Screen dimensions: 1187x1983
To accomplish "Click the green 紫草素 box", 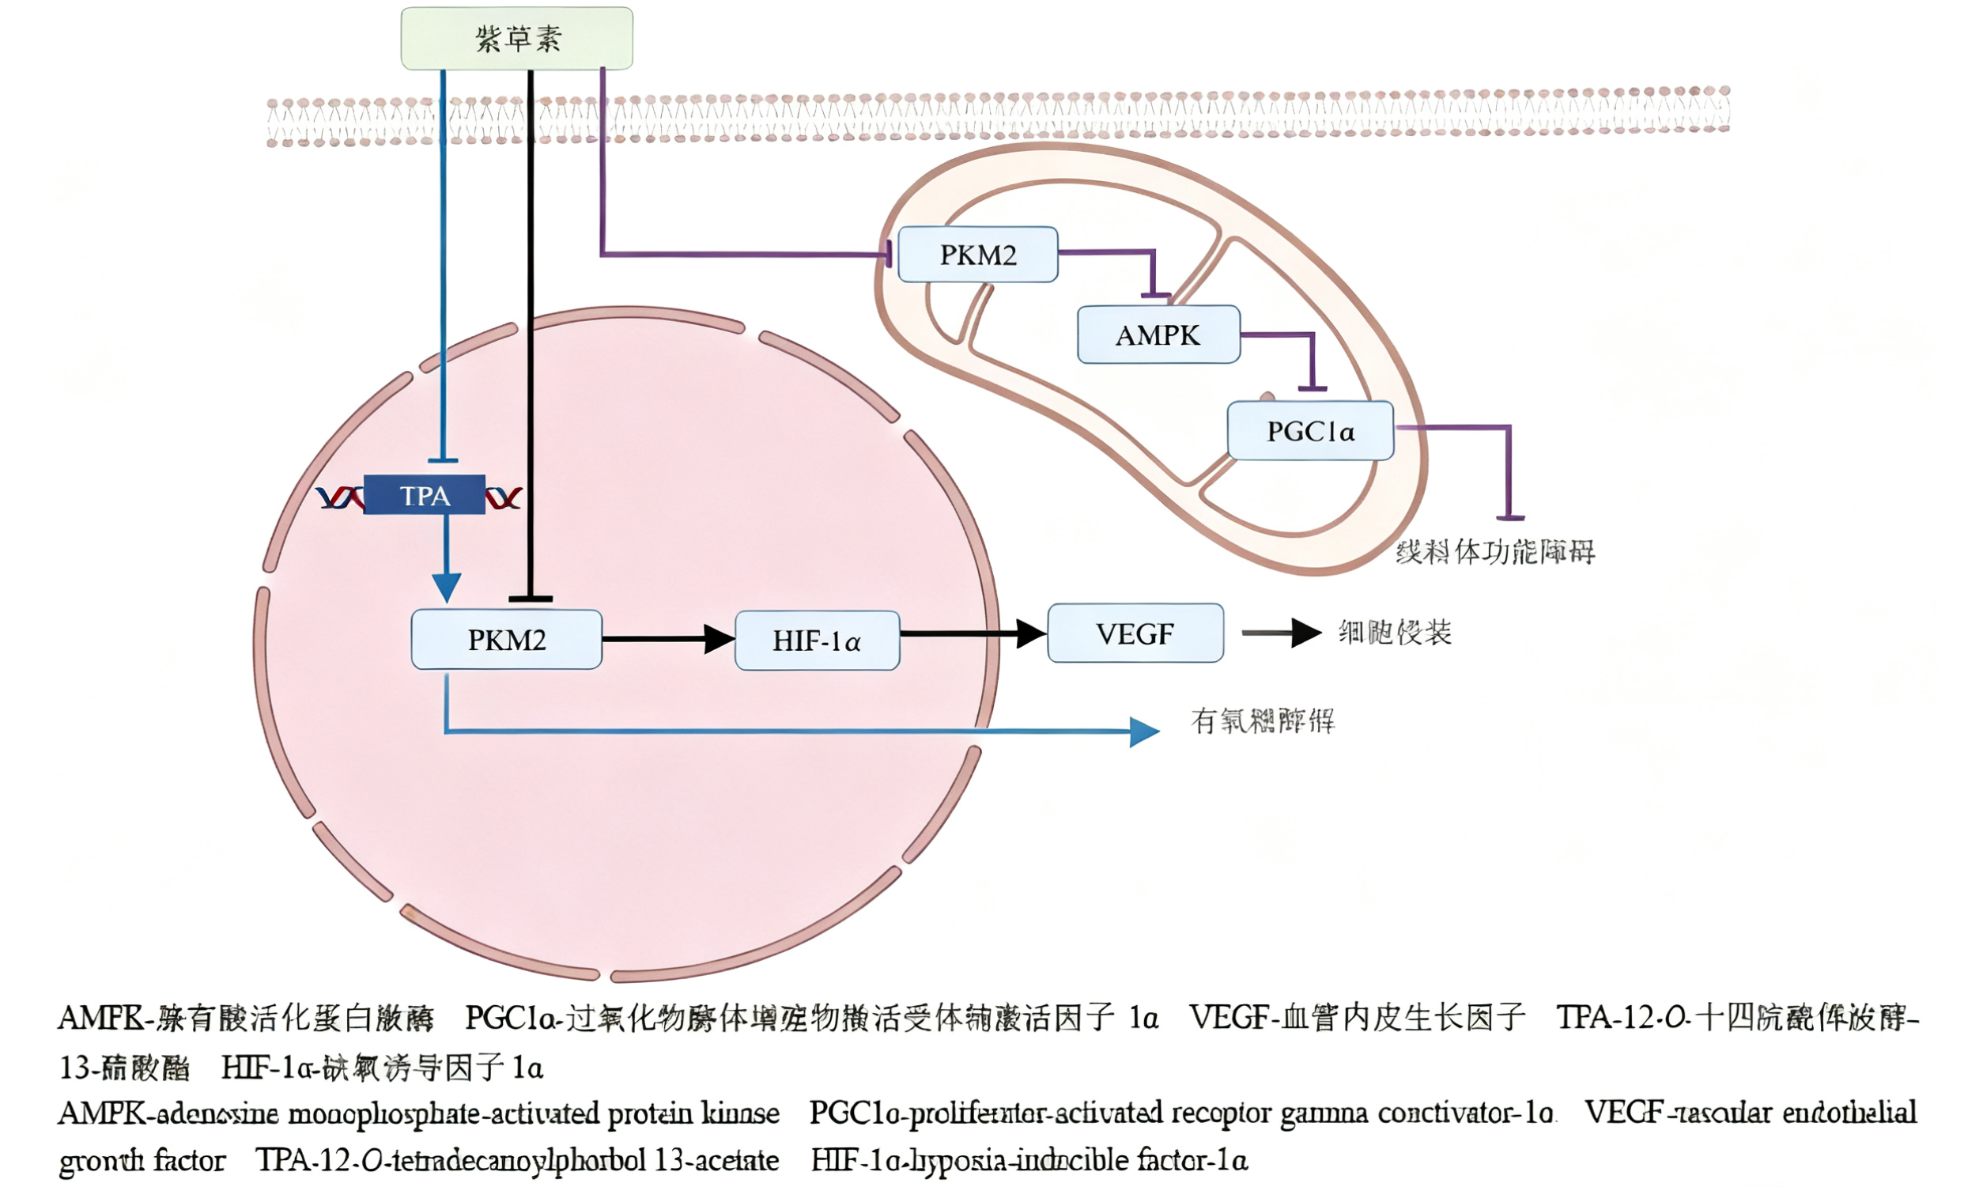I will (x=516, y=39).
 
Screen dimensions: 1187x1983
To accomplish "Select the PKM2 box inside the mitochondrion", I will (x=977, y=255).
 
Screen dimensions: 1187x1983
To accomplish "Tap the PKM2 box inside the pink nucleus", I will (x=506, y=640).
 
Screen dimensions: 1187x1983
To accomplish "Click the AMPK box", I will (x=1158, y=335).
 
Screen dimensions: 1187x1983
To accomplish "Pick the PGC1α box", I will (x=1309, y=431).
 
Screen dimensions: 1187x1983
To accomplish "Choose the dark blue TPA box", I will (x=425, y=495).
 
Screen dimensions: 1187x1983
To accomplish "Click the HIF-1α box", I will (x=817, y=641).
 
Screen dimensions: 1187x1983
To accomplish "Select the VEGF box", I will (x=1135, y=633).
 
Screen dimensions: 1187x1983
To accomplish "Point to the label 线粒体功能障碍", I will (x=1494, y=552).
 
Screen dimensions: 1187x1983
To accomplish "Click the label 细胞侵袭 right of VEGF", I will (x=1395, y=633).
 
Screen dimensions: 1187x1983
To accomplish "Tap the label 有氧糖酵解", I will (x=1262, y=720).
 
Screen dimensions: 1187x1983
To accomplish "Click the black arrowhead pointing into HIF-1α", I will (x=719, y=639).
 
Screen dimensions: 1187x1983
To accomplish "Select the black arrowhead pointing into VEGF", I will (x=1031, y=633).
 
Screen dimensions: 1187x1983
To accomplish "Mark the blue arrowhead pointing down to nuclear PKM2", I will (x=446, y=587).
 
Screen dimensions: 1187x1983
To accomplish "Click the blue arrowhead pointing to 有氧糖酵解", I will (x=1144, y=731).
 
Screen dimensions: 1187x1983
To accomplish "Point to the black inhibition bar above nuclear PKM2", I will (x=530, y=599).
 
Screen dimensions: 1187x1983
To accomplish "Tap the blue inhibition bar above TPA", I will (x=443, y=460).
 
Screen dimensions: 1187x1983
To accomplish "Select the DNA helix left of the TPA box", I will (x=340, y=498).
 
